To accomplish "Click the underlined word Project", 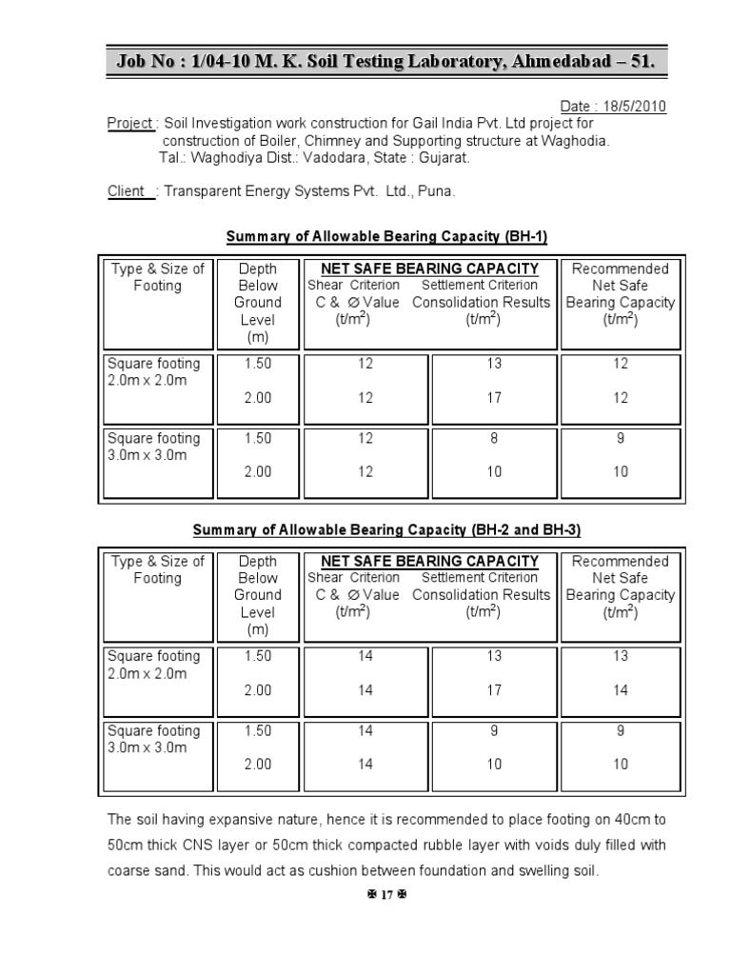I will (130, 124).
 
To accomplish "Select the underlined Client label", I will (128, 191).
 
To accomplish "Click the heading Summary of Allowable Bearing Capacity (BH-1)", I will (386, 236).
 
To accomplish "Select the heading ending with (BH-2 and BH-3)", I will (386, 529).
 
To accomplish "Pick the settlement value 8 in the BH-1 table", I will (494, 439).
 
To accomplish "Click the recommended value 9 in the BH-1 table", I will (620, 439).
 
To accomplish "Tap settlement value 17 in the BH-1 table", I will (494, 398).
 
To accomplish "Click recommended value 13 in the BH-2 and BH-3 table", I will (620, 656).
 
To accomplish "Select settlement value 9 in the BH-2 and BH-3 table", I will (494, 731).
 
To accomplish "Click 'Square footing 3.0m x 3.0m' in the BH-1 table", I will (153, 447).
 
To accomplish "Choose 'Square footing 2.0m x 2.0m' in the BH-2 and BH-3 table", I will (153, 665).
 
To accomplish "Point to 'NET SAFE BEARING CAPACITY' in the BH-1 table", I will (429, 269).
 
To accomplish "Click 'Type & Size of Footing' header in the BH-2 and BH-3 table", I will (157, 569).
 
